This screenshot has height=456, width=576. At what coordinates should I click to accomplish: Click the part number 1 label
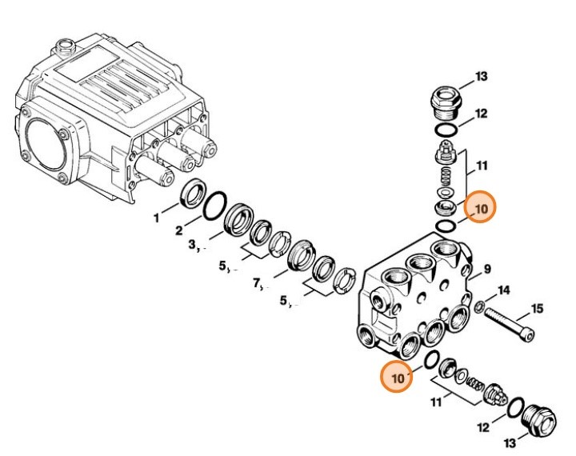[x=157, y=217]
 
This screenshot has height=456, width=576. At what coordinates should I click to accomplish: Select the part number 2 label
[x=180, y=231]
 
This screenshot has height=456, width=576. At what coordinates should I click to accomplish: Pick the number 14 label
[x=504, y=289]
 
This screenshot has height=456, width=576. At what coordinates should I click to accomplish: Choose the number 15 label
[x=538, y=308]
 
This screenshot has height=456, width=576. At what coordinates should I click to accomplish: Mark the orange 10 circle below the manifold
[x=396, y=374]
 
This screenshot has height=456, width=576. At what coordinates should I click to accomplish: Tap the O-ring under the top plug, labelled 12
[x=446, y=130]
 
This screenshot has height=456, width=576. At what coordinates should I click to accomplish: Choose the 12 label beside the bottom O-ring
[x=483, y=428]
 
